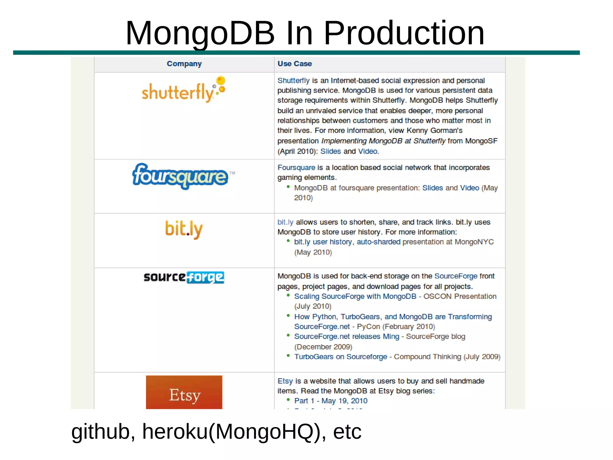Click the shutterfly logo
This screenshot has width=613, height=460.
[183, 90]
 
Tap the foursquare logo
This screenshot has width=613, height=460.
[180, 176]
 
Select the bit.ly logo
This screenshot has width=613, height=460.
[184, 229]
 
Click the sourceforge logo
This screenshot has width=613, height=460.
[184, 277]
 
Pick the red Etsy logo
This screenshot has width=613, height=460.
[184, 393]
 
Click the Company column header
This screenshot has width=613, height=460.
[184, 64]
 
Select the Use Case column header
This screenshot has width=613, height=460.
[295, 64]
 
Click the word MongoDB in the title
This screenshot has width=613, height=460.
[200, 33]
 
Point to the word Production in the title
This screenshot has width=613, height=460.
[404, 33]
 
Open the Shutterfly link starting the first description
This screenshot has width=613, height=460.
[293, 81]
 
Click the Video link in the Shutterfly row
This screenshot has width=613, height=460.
[368, 151]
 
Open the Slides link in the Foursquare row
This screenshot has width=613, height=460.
[432, 188]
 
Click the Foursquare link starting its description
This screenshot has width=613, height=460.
[296, 168]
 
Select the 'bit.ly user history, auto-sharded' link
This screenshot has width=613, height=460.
[347, 242]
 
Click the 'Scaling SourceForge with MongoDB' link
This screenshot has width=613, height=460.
[355, 296]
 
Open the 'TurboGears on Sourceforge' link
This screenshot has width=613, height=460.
[340, 357]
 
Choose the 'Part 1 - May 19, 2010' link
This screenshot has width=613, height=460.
[330, 401]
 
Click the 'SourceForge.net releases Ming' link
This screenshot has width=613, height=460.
[346, 337]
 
